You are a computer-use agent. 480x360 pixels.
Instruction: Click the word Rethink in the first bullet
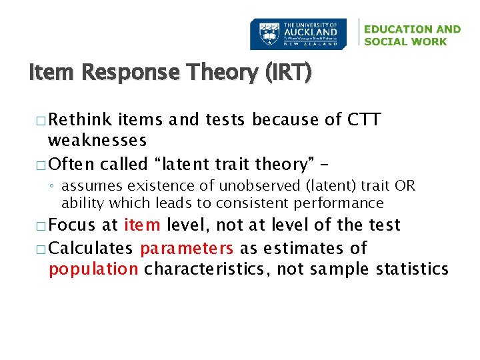pos(81,120)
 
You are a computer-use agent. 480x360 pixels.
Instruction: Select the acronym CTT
pos(364,120)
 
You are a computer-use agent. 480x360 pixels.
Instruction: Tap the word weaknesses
pos(97,141)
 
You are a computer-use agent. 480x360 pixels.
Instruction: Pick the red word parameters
pos(187,249)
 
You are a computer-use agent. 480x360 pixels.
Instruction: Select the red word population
pos(93,269)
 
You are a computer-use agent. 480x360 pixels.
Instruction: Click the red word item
pos(141,225)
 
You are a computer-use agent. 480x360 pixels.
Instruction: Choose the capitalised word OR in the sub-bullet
pos(405,185)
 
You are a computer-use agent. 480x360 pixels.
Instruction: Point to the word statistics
pos(412,269)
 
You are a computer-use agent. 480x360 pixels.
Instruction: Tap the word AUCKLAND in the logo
pos(311,31)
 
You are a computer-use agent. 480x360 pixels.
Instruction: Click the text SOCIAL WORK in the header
pos(406,41)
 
